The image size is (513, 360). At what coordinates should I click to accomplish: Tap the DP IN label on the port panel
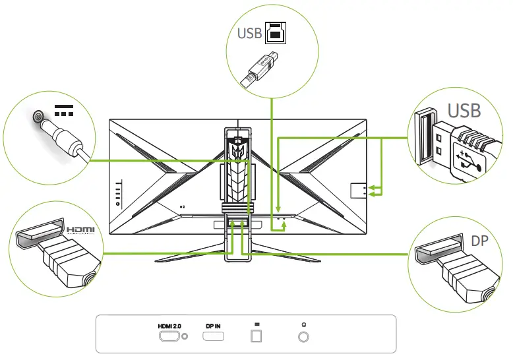pyautogui.click(x=213, y=326)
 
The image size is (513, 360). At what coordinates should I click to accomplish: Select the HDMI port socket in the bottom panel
pyautogui.click(x=169, y=336)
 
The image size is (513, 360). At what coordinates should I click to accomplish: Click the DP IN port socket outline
pyautogui.click(x=213, y=336)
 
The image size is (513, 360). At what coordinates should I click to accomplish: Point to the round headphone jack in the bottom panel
pyautogui.click(x=303, y=336)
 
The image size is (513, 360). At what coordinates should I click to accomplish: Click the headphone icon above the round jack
pyautogui.click(x=303, y=325)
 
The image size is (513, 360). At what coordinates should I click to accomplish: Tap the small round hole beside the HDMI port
pyautogui.click(x=185, y=336)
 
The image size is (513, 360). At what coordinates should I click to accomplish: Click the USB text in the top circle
pyautogui.click(x=249, y=33)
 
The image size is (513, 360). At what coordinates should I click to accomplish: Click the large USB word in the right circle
pyautogui.click(x=464, y=109)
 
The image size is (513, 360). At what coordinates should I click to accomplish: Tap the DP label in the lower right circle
pyautogui.click(x=479, y=241)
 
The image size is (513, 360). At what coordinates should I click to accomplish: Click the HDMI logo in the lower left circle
pyautogui.click(x=82, y=230)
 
